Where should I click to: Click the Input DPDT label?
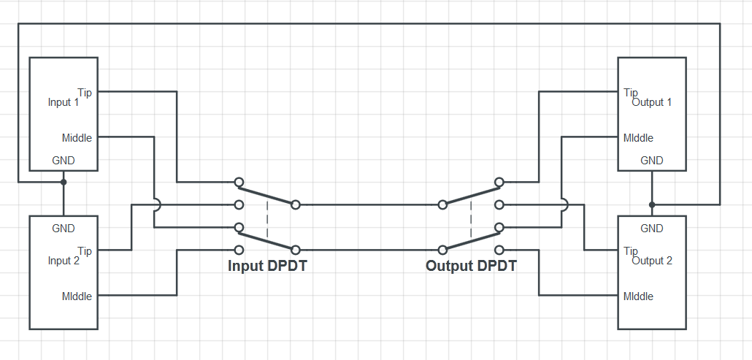click(267, 266)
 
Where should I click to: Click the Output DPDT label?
click(471, 266)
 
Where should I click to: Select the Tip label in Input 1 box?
click(85, 92)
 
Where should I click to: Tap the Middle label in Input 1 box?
click(77, 137)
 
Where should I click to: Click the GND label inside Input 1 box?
click(64, 161)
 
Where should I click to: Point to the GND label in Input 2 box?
click(64, 229)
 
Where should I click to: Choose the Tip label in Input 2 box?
click(85, 250)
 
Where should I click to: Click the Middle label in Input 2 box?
click(77, 296)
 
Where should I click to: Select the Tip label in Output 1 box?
click(631, 92)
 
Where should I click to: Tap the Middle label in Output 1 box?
click(638, 137)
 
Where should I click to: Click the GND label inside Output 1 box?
click(652, 161)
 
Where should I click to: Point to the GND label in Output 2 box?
click(652, 229)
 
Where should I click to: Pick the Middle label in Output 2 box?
click(638, 296)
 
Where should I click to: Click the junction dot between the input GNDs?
click(64, 182)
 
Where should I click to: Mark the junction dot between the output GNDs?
click(652, 204)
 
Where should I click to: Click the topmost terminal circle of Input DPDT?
click(239, 182)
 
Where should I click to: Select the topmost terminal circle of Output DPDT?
click(499, 182)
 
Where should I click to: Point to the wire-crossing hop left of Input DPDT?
click(156, 204)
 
